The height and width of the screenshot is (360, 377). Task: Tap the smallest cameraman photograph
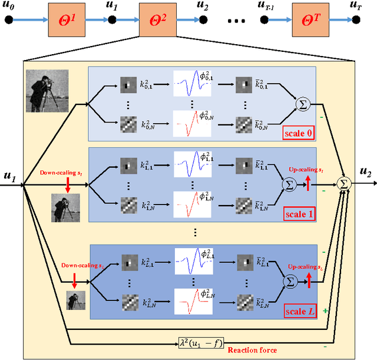tap(75, 299)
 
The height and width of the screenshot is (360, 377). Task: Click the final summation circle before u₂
tap(344, 184)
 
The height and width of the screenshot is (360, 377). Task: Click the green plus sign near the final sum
tap(326, 309)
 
